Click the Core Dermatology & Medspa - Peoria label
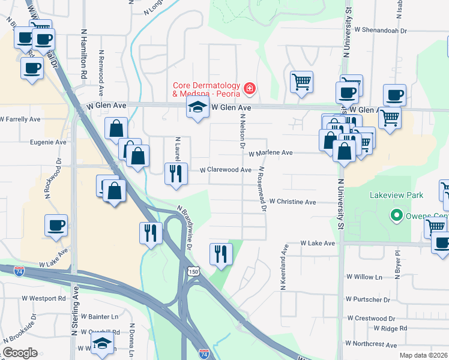point(206,90)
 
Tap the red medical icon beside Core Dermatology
point(249,90)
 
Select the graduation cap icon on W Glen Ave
point(197,109)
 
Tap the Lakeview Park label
point(397,195)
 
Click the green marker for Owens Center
point(396,215)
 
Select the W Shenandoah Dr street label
point(389,28)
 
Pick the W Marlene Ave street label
point(270,153)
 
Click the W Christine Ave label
point(292,202)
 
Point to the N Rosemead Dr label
point(262,190)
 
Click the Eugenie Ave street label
point(48,143)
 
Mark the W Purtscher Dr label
point(372,299)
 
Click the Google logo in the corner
point(20,352)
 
